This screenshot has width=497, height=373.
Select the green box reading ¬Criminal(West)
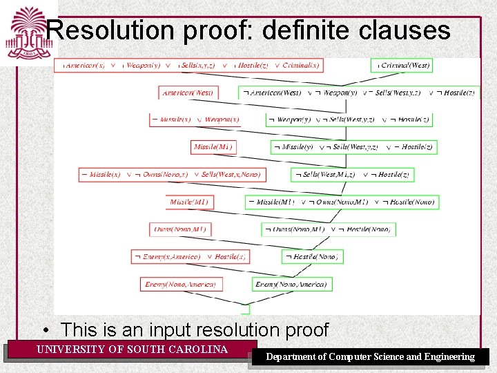coord(402,65)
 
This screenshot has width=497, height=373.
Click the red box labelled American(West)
coord(188,93)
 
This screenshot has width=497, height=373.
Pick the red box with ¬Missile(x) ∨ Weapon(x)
coord(195,119)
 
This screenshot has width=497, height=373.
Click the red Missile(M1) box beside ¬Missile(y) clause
coord(213,146)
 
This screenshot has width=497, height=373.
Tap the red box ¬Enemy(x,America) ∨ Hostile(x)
coord(190,256)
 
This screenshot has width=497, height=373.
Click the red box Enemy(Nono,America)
coord(179,284)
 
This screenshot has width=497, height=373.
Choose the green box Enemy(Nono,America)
coord(291,284)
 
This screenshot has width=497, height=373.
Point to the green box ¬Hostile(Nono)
coord(313,256)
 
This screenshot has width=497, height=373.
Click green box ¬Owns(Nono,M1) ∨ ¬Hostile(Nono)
coord(328,229)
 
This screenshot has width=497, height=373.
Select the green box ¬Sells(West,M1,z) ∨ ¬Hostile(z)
coord(352,174)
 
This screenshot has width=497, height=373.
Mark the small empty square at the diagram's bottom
coord(244,309)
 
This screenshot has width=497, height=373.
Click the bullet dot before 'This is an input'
coord(46,330)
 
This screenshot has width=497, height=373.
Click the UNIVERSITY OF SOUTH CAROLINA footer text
coord(132,350)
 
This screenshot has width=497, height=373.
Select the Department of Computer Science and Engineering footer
coord(371,357)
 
